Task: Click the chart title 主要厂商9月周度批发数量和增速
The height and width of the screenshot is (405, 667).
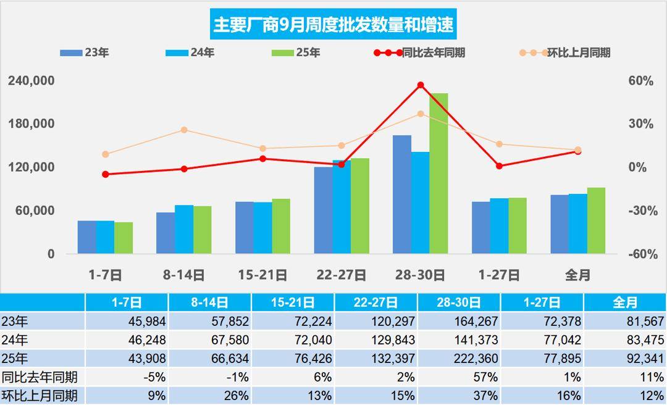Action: pyautogui.click(x=333, y=25)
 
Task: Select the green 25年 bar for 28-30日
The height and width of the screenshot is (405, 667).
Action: pyautogui.click(x=438, y=173)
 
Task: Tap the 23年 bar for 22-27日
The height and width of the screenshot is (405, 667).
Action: pyautogui.click(x=323, y=210)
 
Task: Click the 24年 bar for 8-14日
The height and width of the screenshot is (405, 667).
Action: pyautogui.click(x=184, y=229)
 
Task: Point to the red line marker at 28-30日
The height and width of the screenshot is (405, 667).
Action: pyautogui.click(x=421, y=85)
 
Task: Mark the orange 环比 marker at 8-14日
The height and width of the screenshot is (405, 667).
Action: pyautogui.click(x=184, y=130)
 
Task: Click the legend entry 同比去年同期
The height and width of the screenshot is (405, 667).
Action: pyautogui.click(x=419, y=53)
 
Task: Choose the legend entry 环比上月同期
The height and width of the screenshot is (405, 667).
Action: pyautogui.click(x=565, y=53)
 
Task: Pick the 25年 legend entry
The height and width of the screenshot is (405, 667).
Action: pyautogui.click(x=296, y=53)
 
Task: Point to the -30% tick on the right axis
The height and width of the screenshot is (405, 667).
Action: pyautogui.click(x=640, y=211)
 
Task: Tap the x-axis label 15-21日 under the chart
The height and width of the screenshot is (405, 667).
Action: pyautogui.click(x=263, y=275)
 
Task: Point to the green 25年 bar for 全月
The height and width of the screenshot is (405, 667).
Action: pyautogui.click(x=596, y=220)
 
